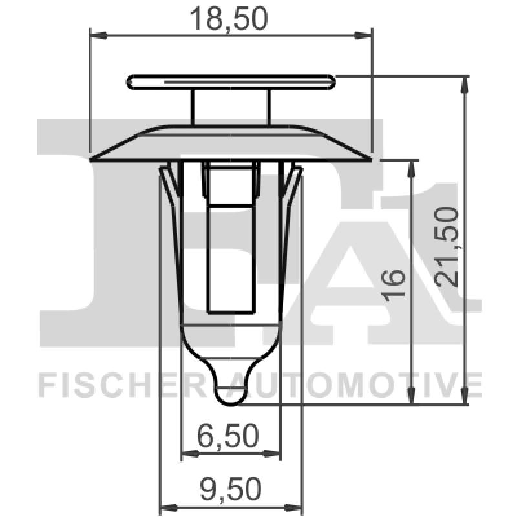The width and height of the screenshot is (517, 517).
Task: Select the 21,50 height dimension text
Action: [448, 246]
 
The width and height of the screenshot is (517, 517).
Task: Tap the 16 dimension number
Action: [395, 284]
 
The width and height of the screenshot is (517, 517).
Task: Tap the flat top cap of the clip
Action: [231, 82]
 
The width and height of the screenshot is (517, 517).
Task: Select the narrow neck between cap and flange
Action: [231, 107]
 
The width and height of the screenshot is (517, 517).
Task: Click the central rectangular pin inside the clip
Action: [231, 246]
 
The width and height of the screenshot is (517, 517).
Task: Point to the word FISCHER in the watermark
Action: [123, 386]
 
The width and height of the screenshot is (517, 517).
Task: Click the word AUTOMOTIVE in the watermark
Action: [362, 386]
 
